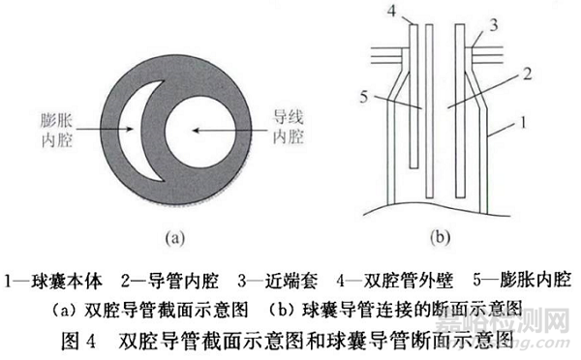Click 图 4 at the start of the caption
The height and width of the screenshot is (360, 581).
click(x=88, y=340)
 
